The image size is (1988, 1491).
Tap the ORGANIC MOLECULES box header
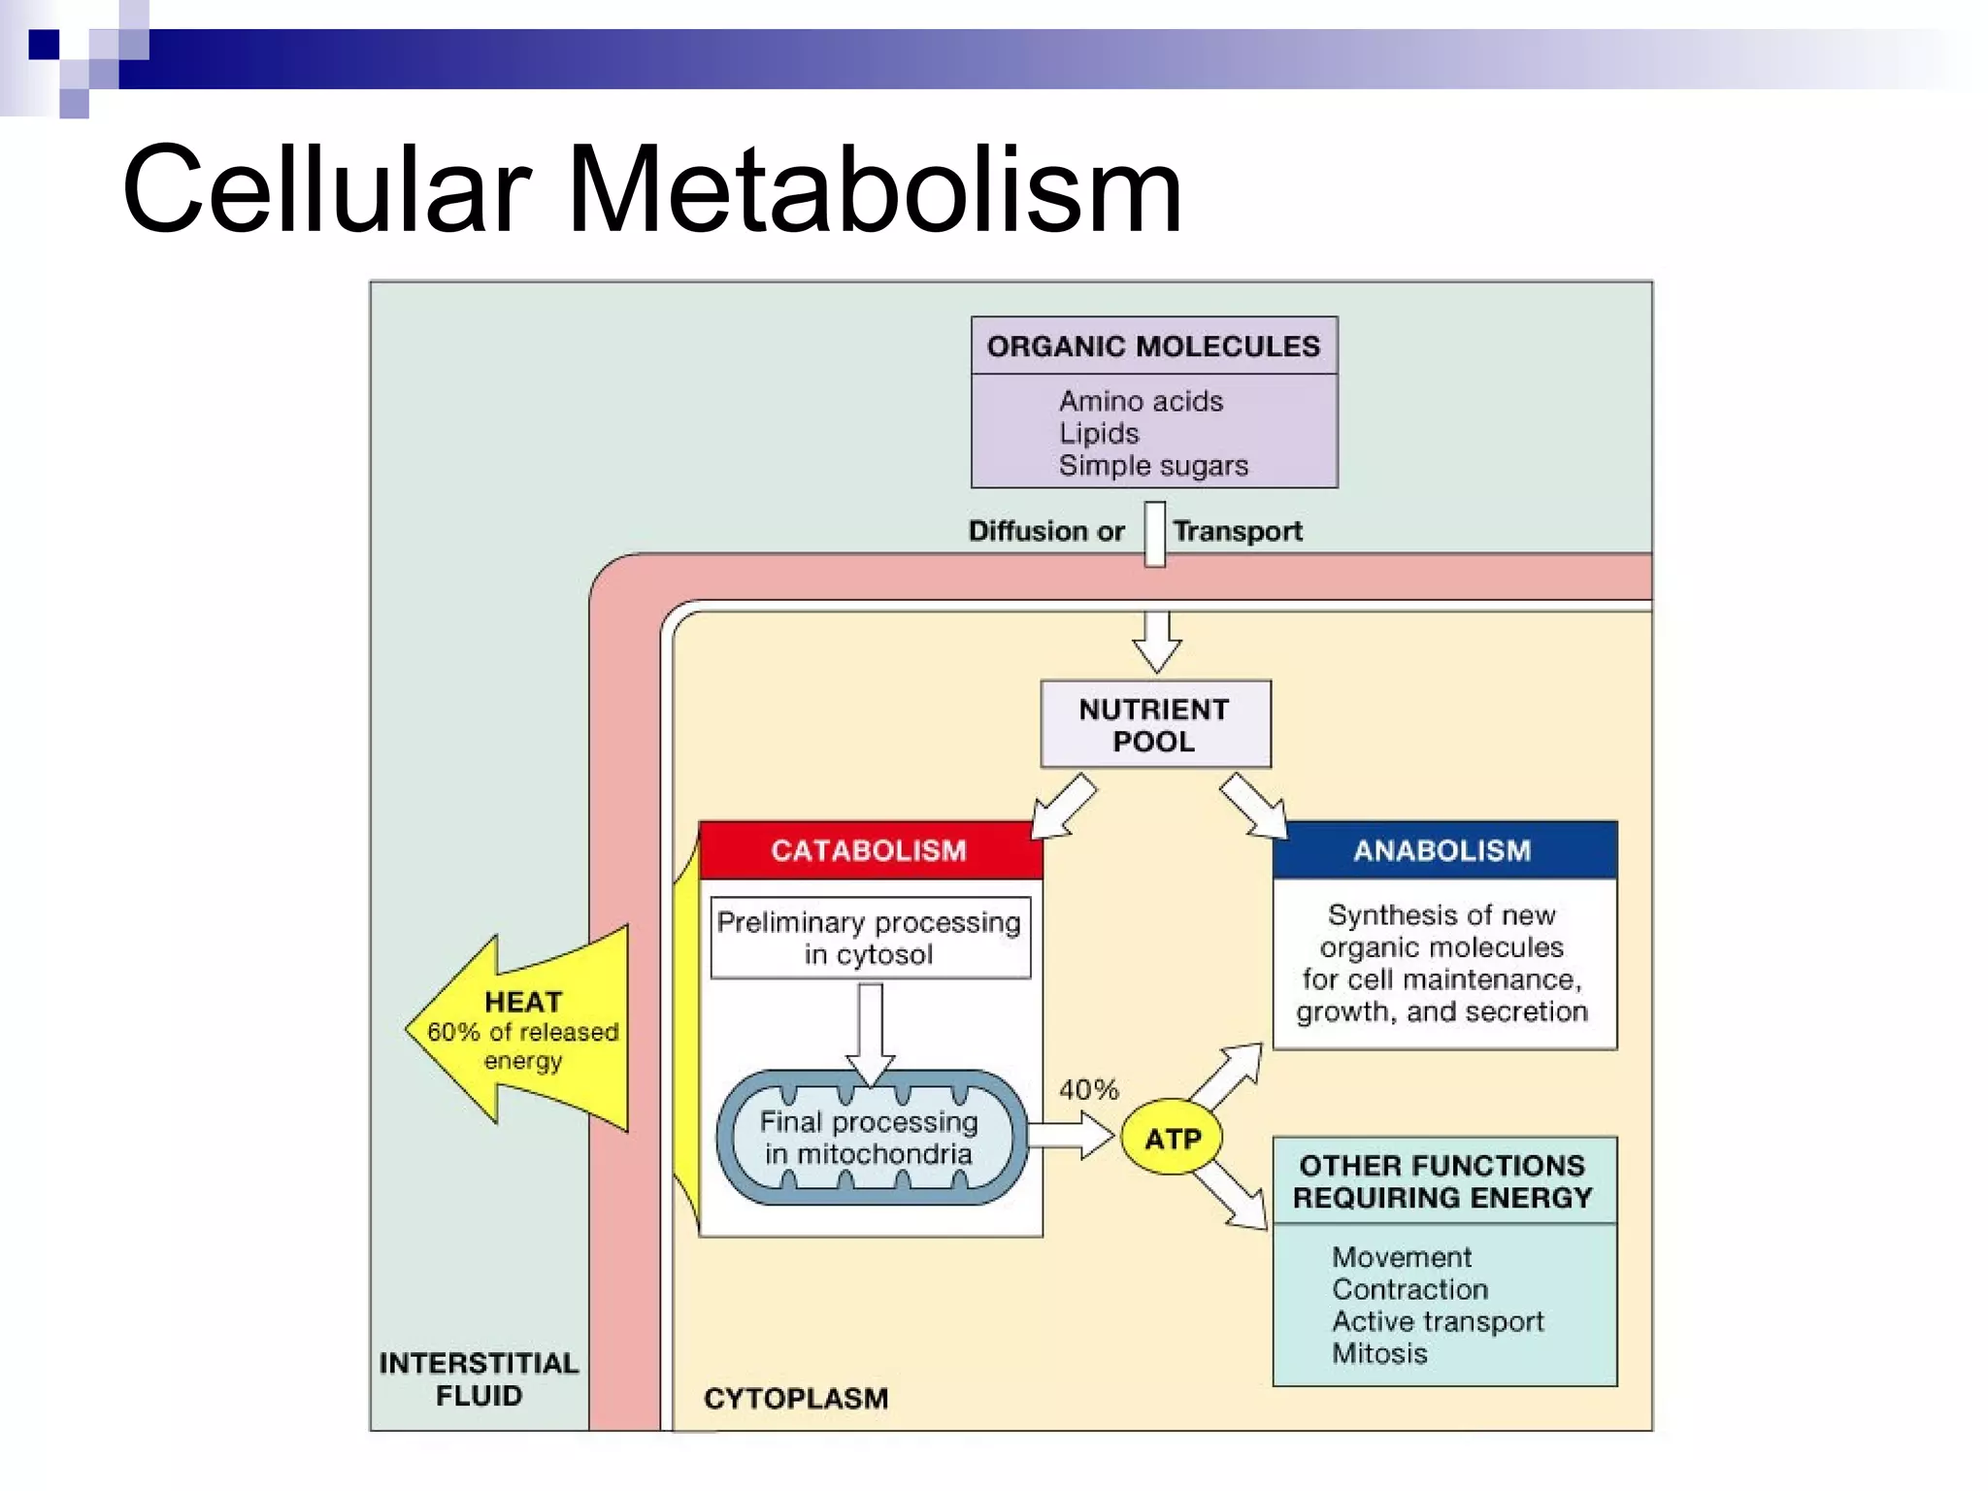[x=1153, y=347]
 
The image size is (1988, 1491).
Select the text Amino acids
[x=1141, y=401]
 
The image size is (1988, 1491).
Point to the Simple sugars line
[x=1153, y=466]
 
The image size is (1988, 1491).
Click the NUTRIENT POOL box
[x=1154, y=725]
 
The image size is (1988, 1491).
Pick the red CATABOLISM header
[x=870, y=850]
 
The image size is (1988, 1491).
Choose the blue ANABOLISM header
[x=1442, y=850]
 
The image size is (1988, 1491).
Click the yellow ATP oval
[x=1173, y=1138]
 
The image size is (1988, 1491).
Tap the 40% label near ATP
[x=1088, y=1089]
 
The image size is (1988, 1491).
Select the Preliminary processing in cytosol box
[x=870, y=938]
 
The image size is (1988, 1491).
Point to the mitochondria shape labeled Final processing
[x=870, y=1138]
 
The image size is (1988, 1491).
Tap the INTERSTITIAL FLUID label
[x=479, y=1378]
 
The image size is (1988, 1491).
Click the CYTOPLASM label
[x=796, y=1398]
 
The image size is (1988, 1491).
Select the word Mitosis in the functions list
[x=1379, y=1353]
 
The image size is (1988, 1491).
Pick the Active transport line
[x=1438, y=1321]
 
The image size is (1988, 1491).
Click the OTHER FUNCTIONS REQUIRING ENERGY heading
[x=1442, y=1181]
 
